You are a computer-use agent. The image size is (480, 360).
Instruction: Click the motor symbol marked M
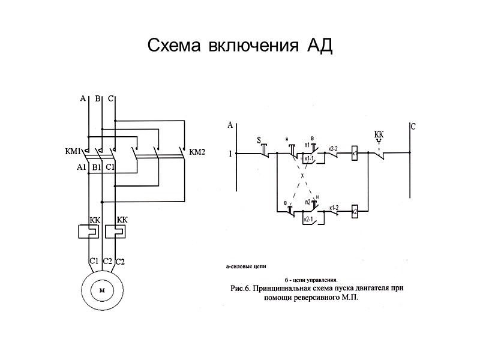click(101, 290)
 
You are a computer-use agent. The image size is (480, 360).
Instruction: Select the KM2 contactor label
click(197, 152)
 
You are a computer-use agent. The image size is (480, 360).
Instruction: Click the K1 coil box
click(355, 153)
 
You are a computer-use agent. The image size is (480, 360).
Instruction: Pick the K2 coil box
click(355, 212)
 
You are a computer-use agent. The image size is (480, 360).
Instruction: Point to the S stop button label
click(259, 141)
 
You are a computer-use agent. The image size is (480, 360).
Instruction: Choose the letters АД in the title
click(319, 46)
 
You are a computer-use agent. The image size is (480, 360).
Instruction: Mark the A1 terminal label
click(82, 167)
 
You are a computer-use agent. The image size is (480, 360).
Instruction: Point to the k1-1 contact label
click(310, 158)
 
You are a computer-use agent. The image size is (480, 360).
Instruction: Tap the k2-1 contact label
click(310, 220)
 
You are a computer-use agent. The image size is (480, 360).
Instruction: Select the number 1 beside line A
click(230, 153)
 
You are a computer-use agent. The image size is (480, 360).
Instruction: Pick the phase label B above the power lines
click(98, 99)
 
